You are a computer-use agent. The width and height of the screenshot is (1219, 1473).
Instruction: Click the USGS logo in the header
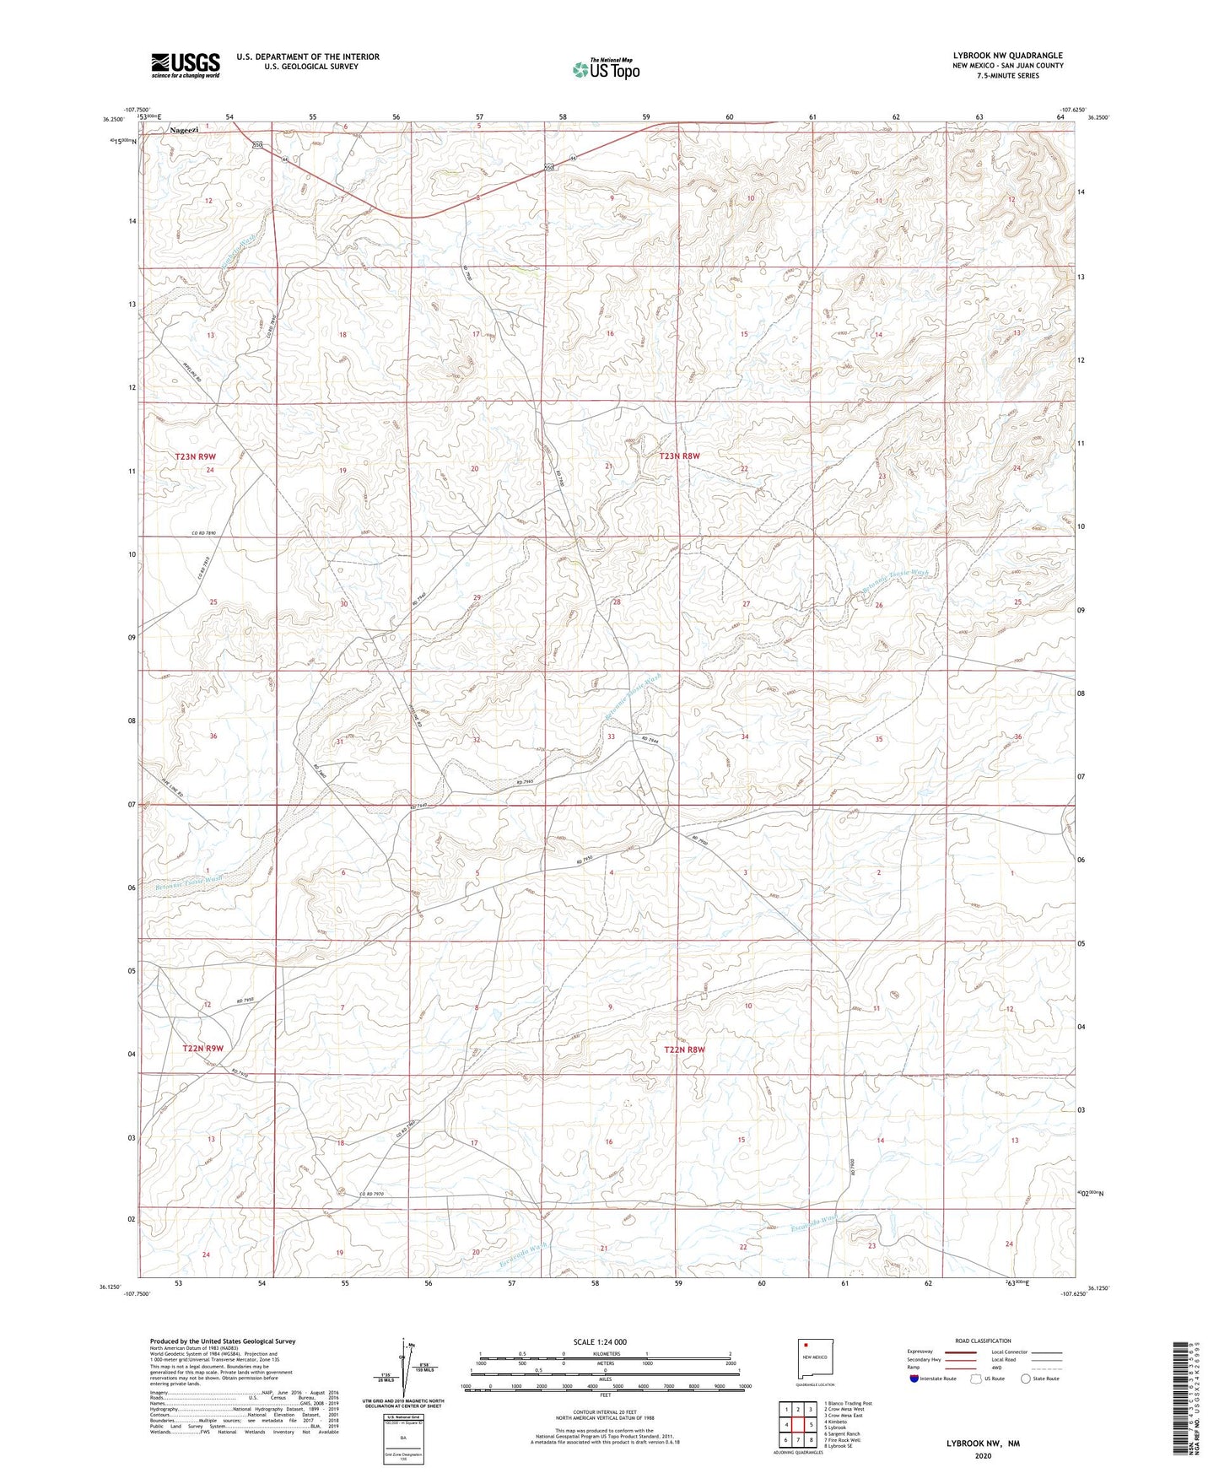(x=186, y=65)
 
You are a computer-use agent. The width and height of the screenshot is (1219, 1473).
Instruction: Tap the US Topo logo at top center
(x=606, y=69)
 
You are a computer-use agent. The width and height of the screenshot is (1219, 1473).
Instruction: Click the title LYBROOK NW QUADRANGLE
(x=1007, y=56)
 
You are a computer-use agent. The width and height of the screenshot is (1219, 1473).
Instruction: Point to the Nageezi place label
(x=185, y=131)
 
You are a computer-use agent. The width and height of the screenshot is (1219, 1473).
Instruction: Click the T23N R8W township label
(x=679, y=456)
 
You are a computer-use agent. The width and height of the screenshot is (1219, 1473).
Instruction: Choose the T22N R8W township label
(x=683, y=1049)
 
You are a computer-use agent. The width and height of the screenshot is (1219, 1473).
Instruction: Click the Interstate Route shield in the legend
(x=914, y=1379)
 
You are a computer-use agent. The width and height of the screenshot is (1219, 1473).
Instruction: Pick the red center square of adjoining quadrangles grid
(x=798, y=1425)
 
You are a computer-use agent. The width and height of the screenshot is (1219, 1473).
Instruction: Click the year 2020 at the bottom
(x=983, y=1456)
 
